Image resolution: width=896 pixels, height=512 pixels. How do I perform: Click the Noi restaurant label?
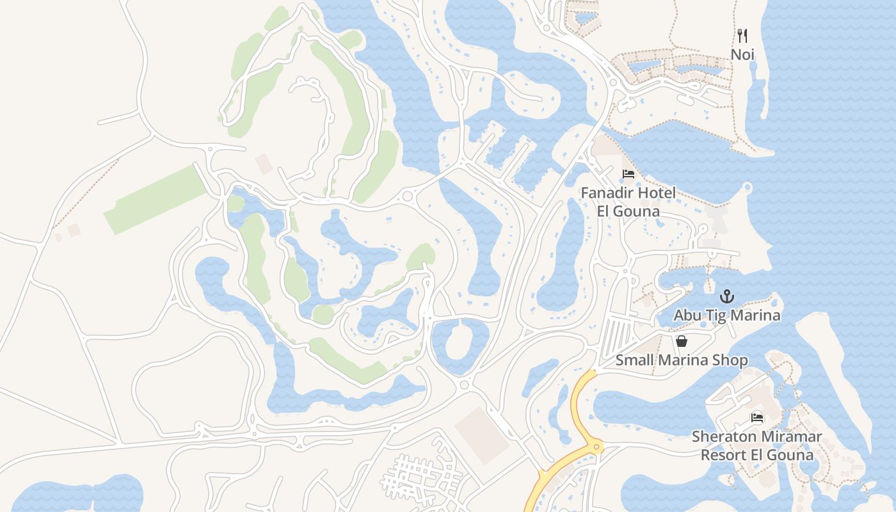pos(742,55)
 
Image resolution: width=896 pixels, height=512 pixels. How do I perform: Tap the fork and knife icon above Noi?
pos(742,35)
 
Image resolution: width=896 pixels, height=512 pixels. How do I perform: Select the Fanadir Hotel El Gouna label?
pos(628,202)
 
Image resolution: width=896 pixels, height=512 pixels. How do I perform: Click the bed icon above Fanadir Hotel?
pos(628,174)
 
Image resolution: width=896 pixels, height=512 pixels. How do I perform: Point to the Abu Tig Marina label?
pos(726,316)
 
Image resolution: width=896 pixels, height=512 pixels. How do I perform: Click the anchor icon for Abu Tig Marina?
pos(726,296)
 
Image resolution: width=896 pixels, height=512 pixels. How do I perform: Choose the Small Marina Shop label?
pos(682,360)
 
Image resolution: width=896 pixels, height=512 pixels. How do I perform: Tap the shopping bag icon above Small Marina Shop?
pos(682,341)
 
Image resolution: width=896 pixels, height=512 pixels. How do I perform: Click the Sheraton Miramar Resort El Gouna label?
pos(757,446)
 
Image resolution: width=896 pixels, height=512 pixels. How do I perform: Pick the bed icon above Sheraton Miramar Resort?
pos(757,419)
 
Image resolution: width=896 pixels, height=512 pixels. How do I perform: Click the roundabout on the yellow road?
pos(596,447)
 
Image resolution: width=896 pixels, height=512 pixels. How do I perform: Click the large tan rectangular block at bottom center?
pos(481,435)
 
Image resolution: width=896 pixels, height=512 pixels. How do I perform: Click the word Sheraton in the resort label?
pos(721,437)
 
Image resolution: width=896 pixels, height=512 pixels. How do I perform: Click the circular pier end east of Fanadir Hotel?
pos(747,188)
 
